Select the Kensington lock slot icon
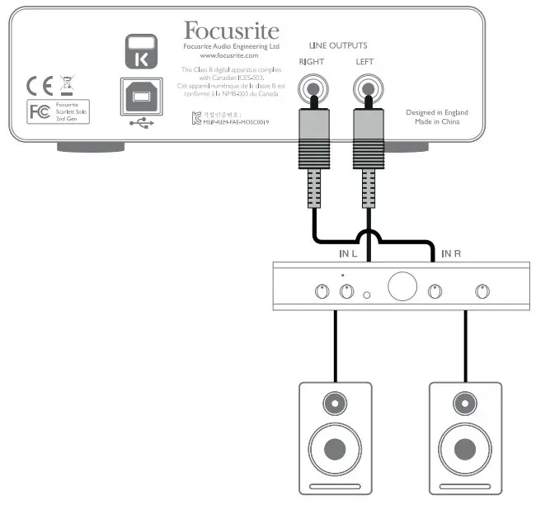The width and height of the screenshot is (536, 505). pyautogui.click(x=138, y=52)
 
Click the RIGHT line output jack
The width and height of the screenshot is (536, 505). pyautogui.click(x=313, y=86)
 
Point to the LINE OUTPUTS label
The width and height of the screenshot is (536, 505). pyautogui.click(x=337, y=45)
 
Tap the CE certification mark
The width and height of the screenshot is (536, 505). pyautogui.click(x=38, y=86)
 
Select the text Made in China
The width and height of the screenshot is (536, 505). pyautogui.click(x=438, y=122)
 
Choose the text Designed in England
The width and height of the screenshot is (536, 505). pyautogui.click(x=437, y=112)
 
